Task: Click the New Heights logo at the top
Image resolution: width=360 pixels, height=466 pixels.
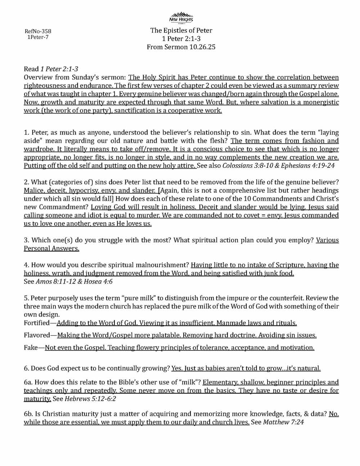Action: click(181, 17)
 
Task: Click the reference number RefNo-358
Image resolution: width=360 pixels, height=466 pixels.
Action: click(38, 31)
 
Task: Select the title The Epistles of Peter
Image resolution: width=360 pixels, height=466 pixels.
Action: click(181, 31)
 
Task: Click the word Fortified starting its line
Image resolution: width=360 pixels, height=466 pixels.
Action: click(37, 323)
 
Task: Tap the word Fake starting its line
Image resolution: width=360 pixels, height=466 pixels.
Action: click(31, 348)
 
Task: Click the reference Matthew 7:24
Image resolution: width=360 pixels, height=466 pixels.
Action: click(284, 422)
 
